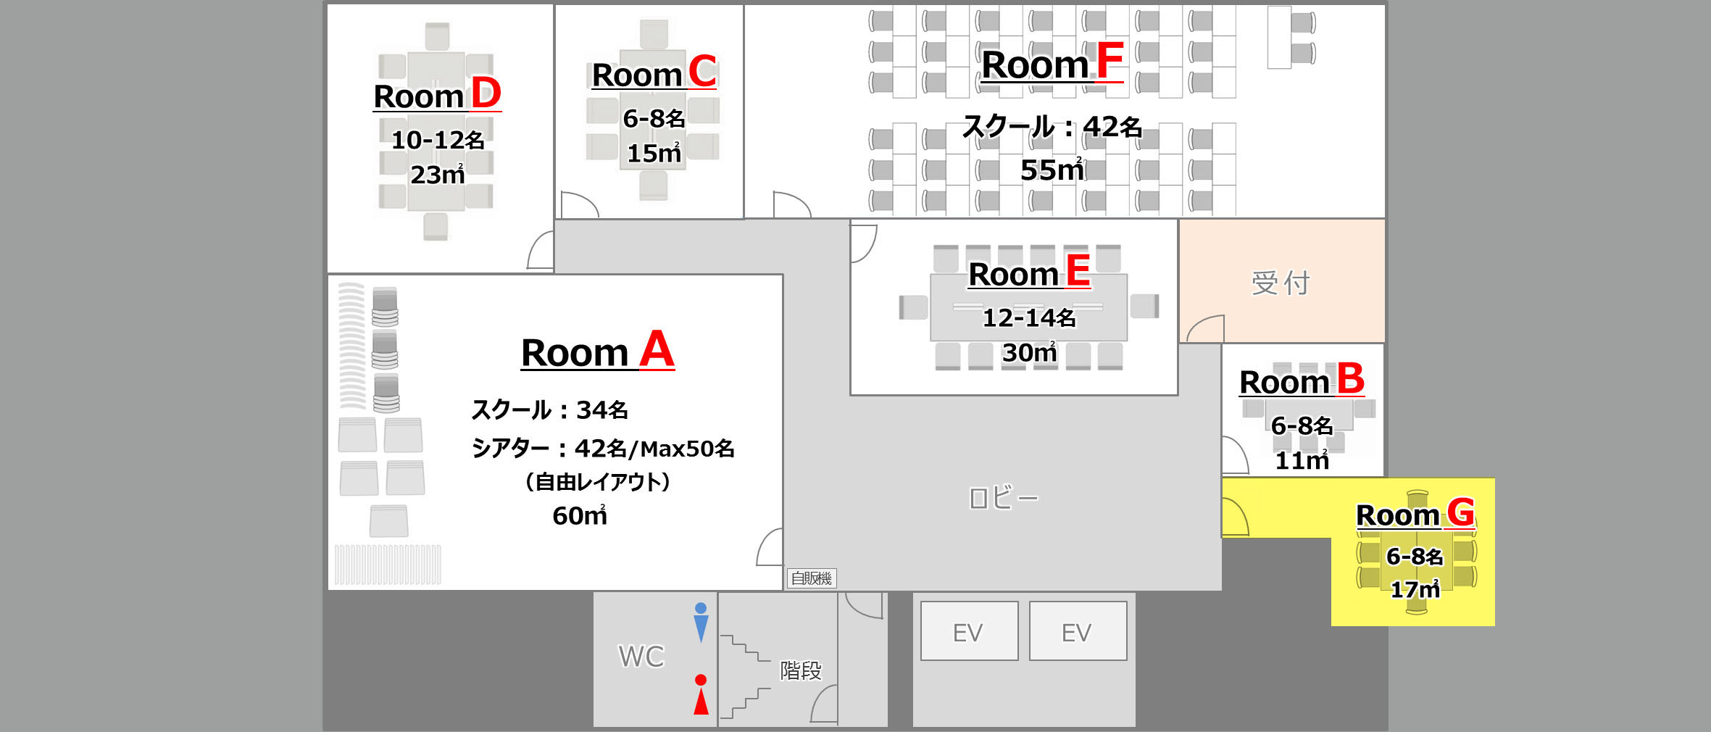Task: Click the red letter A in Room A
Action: [x=657, y=349]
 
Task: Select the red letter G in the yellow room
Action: [x=1461, y=512]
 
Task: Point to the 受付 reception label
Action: [x=1281, y=283]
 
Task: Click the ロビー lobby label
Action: [x=1004, y=498]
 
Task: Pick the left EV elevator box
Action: [x=969, y=631]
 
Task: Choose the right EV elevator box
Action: [x=1078, y=631]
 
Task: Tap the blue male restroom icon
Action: [x=701, y=623]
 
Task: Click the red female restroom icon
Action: [x=701, y=694]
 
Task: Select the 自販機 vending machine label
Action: [x=812, y=578]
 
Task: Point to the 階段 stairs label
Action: [x=801, y=670]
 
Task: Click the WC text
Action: [x=641, y=657]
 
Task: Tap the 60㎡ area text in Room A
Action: [x=580, y=515]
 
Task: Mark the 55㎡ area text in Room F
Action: [x=1052, y=170]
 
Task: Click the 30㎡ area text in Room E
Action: [x=1029, y=352]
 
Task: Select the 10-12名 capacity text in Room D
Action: [x=438, y=140]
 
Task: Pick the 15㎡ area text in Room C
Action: [x=654, y=153]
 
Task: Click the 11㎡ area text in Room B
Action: [x=1302, y=460]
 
